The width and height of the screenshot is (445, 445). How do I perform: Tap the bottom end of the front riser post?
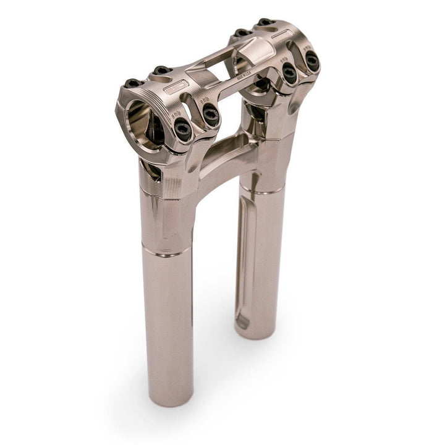coord(169,396)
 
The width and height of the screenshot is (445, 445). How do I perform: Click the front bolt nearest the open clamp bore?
coord(183,130)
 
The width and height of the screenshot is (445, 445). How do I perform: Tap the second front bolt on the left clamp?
coord(211,114)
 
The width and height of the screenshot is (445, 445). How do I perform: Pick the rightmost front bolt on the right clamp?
coord(312,61)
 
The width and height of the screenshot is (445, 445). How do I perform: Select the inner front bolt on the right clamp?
coord(289,74)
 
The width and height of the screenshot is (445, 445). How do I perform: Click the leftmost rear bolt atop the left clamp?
coord(132,83)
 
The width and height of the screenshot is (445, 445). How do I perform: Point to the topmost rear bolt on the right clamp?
coord(265,23)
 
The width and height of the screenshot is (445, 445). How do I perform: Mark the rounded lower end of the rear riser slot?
coord(242,321)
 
